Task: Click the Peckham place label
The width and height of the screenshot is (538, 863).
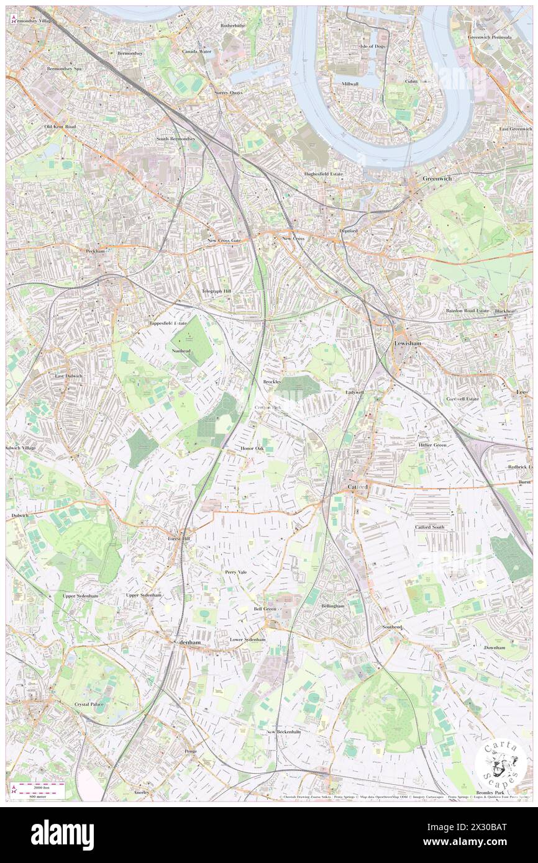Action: pos(95,251)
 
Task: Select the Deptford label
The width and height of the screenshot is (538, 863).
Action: pos(349,230)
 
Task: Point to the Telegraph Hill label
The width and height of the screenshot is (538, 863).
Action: pos(216,291)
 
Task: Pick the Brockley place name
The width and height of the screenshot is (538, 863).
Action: pos(272,381)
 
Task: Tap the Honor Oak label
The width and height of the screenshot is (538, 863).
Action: pos(252,448)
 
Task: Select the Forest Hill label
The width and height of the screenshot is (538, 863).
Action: pos(182,538)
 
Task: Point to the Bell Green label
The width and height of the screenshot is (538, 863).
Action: pos(265,609)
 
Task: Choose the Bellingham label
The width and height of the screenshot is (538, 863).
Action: pos(333,605)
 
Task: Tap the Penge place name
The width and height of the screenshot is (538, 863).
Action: pos(191,751)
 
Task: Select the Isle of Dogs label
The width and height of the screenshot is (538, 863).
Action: pos(373,47)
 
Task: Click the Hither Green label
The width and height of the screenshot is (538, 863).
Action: pos(432,445)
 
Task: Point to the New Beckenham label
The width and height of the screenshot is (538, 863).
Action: pos(283,732)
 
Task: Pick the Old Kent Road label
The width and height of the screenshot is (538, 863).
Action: pos(60,127)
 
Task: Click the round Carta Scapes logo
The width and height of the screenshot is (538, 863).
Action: pos(501,763)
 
